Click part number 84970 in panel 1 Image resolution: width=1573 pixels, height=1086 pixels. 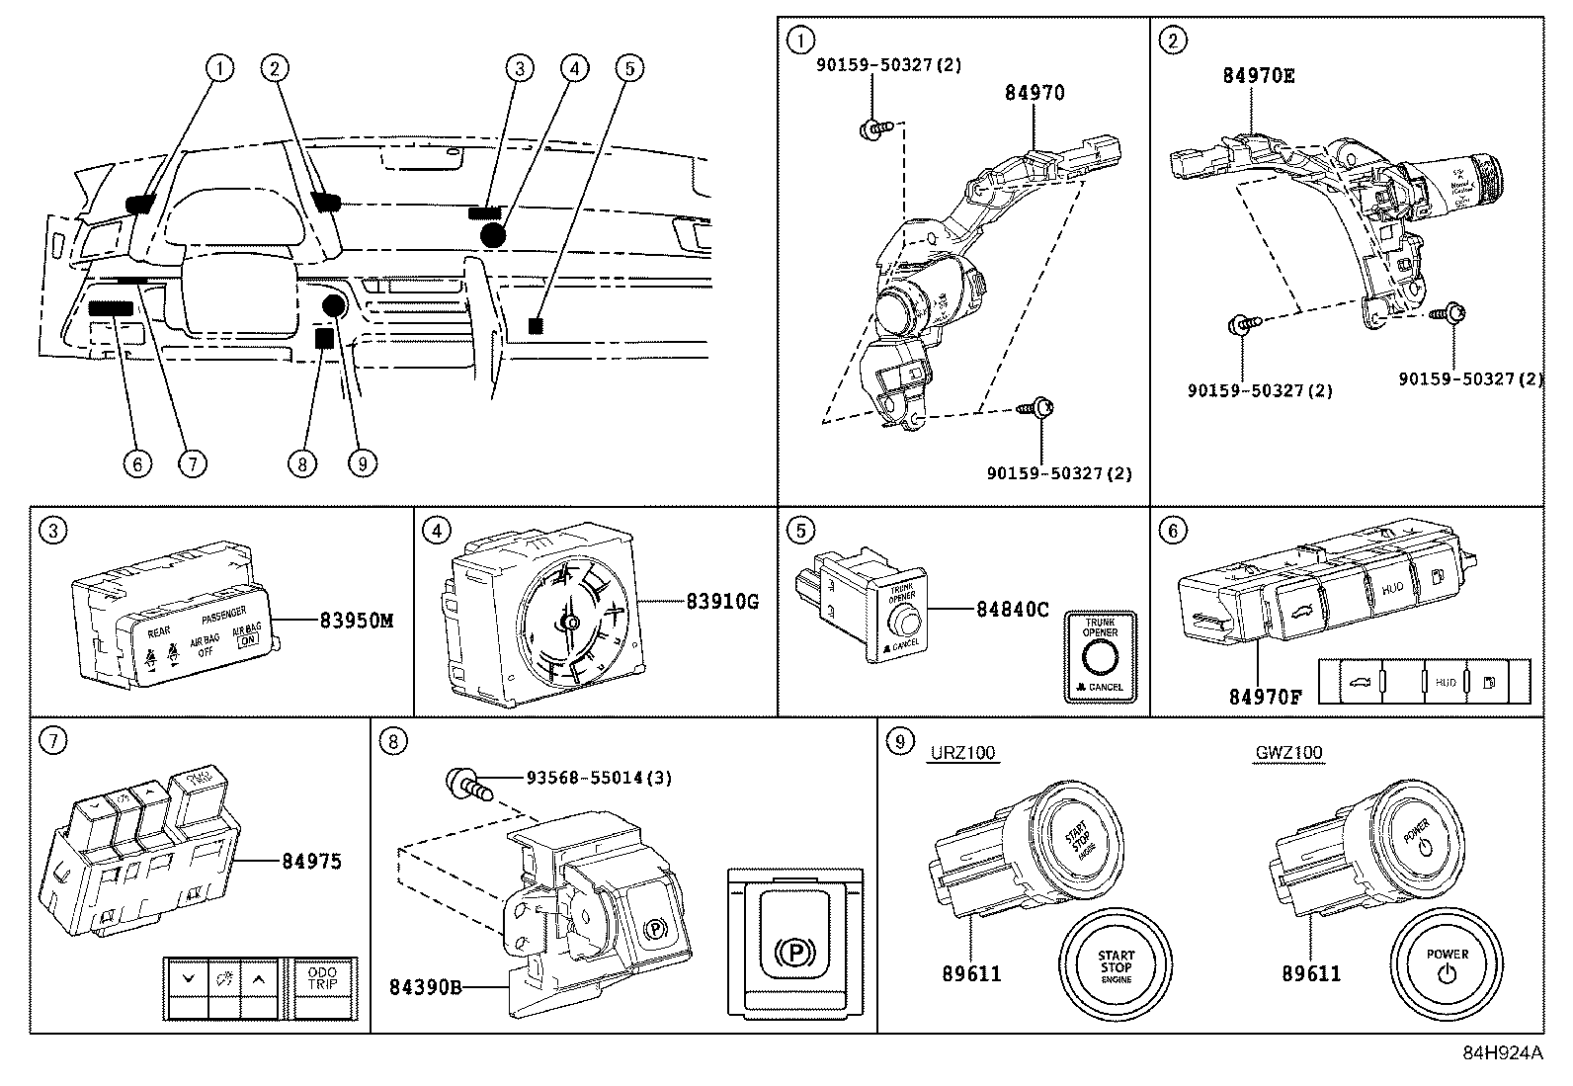point(1035,94)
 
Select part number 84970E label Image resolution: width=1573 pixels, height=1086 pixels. point(1258,75)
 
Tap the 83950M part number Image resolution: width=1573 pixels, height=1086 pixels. point(357,621)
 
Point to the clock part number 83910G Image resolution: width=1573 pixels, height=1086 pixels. point(722,601)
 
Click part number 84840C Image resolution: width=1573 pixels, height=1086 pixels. point(1012,610)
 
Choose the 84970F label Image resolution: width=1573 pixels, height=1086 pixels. point(1265,696)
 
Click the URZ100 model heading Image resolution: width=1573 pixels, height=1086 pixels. point(962,753)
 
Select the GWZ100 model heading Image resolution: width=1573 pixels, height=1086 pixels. point(1288,753)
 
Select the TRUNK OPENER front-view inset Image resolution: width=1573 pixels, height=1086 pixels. point(1101,657)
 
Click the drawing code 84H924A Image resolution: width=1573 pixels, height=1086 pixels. point(1502,1053)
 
